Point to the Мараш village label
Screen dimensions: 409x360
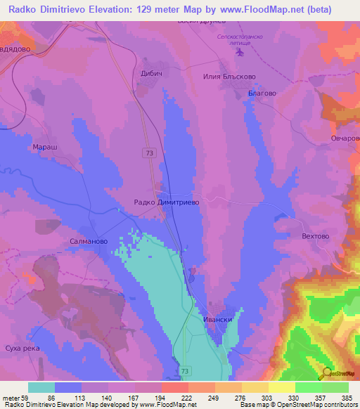click(x=44, y=148)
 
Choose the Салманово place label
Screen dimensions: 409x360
click(x=89, y=240)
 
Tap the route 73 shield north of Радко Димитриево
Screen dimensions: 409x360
click(x=150, y=152)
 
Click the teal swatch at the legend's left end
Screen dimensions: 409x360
click(x=41, y=387)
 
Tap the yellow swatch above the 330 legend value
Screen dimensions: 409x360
click(x=282, y=387)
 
